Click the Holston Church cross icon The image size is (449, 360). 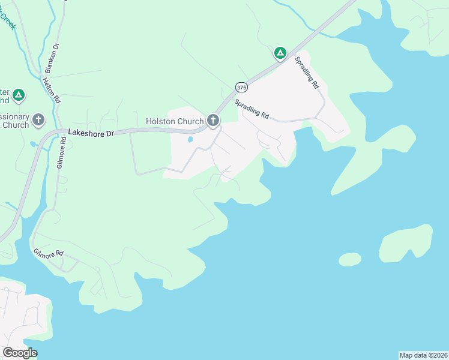pyautogui.click(x=212, y=121)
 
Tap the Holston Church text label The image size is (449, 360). pyautogui.click(x=175, y=122)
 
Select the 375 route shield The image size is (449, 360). pyautogui.click(x=241, y=86)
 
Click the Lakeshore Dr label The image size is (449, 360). pyautogui.click(x=91, y=133)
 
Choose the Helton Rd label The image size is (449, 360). pyautogui.click(x=53, y=88)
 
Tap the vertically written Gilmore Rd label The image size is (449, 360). pyautogui.click(x=60, y=155)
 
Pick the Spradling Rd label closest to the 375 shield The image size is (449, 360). pyautogui.click(x=252, y=109)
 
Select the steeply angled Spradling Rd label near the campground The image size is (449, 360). pyautogui.click(x=307, y=73)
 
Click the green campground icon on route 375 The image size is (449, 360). pyautogui.click(x=280, y=53)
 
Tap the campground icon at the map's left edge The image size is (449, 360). pyautogui.click(x=19, y=95)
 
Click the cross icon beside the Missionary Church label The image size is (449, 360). pyautogui.click(x=39, y=120)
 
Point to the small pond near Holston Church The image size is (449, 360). pyautogui.click(x=190, y=140)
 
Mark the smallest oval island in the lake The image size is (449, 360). pyautogui.click(x=350, y=259)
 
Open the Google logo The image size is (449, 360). pyautogui.click(x=20, y=353)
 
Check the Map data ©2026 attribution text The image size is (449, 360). pyautogui.click(x=424, y=355)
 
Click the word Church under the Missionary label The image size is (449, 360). pyautogui.click(x=15, y=125)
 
